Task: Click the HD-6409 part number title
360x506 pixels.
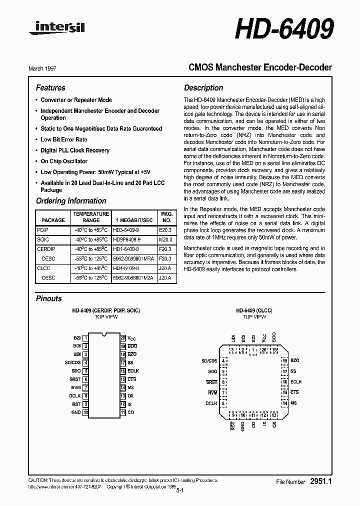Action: [x=283, y=29]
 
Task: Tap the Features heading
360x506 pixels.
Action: [x=50, y=88]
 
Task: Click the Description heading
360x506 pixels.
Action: [x=203, y=88]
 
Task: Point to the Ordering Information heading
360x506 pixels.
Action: [x=71, y=201]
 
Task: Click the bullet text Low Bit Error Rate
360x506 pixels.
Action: [x=63, y=139]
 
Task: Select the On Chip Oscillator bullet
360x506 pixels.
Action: [x=64, y=161]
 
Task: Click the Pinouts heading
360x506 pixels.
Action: [x=49, y=298]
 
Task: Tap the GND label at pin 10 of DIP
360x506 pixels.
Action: [x=76, y=412]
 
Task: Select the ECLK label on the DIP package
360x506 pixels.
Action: [x=133, y=371]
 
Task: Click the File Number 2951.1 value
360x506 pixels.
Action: [x=321, y=481]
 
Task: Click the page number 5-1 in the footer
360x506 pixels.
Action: [x=180, y=491]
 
